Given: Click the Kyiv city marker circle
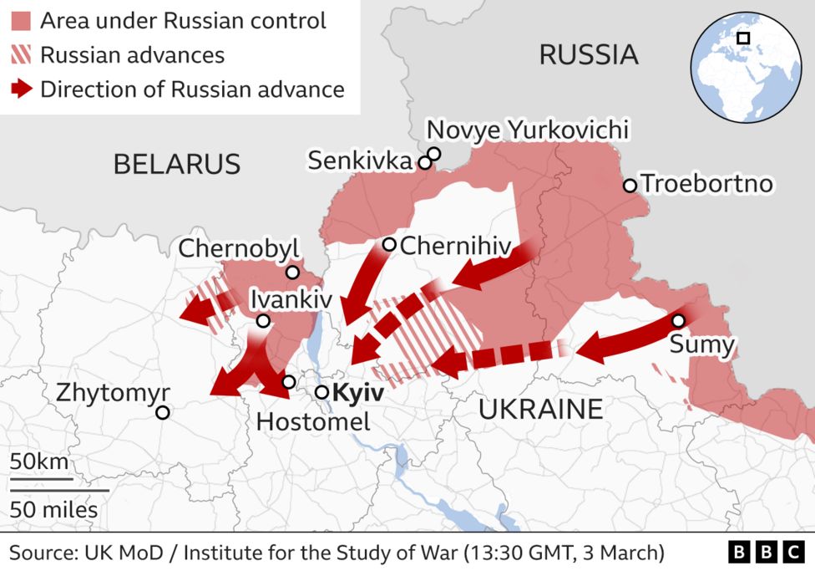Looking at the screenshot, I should (x=321, y=392).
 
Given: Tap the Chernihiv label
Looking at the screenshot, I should (x=454, y=246).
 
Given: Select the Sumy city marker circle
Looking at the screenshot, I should (x=678, y=320).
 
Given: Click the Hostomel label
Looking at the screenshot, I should (x=313, y=421).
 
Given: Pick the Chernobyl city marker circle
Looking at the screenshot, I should (x=292, y=273).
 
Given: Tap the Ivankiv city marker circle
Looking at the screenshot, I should (x=263, y=321).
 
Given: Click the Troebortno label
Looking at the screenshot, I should (x=707, y=184).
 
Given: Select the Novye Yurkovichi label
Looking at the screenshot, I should (x=527, y=130).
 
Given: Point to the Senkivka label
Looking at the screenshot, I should (x=360, y=161).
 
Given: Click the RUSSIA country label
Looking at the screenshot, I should (x=588, y=55).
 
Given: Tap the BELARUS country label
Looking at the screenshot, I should (x=177, y=164).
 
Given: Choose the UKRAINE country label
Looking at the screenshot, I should (x=540, y=409).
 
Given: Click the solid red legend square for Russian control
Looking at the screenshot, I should (x=23, y=21).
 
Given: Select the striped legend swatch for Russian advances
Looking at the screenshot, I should (x=23, y=55).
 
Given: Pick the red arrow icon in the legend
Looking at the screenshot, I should (x=23, y=89).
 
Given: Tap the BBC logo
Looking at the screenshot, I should (x=765, y=553).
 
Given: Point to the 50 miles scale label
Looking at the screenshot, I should (x=53, y=509).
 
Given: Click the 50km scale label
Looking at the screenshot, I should (x=39, y=462).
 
